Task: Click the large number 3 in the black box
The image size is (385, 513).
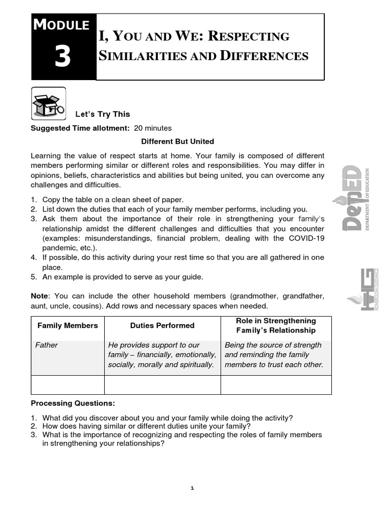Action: coord(63,58)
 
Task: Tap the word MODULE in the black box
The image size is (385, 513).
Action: coord(61,25)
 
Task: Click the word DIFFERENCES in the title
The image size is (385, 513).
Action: coord(264,56)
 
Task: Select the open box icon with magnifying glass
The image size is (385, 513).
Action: coord(48,104)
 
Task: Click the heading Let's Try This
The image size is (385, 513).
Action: coord(102,114)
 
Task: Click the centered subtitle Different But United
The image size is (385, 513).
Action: coord(177,141)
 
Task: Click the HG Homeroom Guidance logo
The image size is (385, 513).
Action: coord(365,289)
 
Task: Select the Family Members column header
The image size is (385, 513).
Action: coord(68,326)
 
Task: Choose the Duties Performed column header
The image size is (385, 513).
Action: coord(162,326)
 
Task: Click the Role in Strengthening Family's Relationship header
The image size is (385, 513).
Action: coord(276,326)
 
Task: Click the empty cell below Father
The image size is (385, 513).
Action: coord(68,385)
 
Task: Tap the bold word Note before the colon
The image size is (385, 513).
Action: coord(40,296)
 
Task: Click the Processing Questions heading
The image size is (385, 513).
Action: coord(73,403)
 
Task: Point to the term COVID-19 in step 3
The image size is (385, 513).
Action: coord(307,238)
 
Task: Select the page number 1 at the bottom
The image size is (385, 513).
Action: coord(192,488)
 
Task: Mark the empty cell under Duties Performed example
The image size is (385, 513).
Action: coord(162,385)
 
